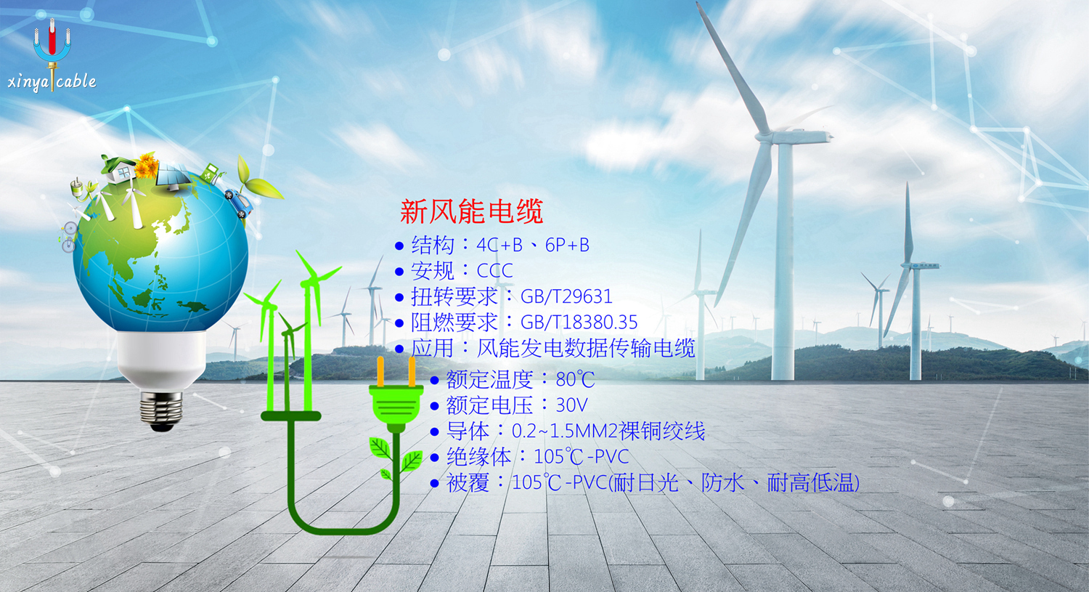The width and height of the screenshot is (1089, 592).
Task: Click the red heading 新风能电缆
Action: coord(471,211)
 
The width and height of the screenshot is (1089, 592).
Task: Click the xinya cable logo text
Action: coord(52,81)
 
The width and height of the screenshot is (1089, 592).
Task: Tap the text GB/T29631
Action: coord(566,296)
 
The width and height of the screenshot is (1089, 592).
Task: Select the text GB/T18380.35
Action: coord(579,322)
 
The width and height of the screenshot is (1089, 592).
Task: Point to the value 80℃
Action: coord(575,379)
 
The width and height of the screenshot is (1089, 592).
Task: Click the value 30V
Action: coord(572,405)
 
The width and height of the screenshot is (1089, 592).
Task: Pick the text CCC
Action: coord(495,270)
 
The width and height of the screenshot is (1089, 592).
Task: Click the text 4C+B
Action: coord(499,245)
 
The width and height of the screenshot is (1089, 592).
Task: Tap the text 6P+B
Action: coord(567,245)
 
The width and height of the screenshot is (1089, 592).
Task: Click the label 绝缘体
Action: coord(478,457)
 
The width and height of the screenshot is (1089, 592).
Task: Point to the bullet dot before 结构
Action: coord(399,246)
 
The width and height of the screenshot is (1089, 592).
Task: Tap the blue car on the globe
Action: coord(239,202)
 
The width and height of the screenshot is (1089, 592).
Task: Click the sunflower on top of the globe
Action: coord(146,166)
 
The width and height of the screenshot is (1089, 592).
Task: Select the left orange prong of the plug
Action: coord(380,372)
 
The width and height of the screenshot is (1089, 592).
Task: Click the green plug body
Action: coord(396,404)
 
